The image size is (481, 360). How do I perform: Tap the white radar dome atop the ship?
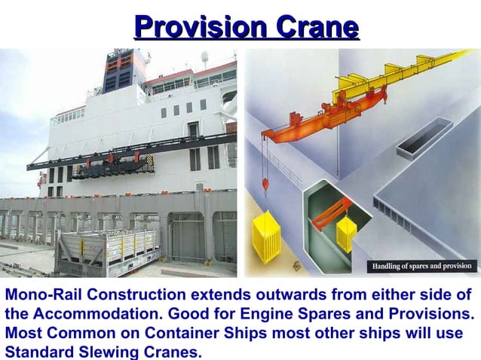tap(204, 56)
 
